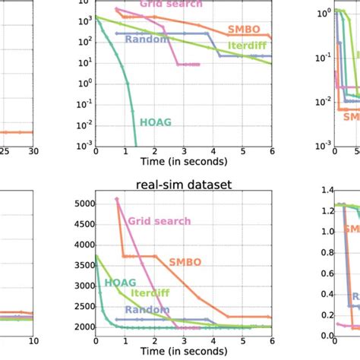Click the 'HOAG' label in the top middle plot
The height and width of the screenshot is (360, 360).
coord(156,119)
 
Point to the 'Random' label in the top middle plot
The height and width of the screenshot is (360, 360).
coord(147,39)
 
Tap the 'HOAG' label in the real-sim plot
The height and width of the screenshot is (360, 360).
coord(115,282)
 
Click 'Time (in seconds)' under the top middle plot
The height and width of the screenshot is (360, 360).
coord(183,161)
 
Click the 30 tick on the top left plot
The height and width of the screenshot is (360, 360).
coord(32,152)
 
